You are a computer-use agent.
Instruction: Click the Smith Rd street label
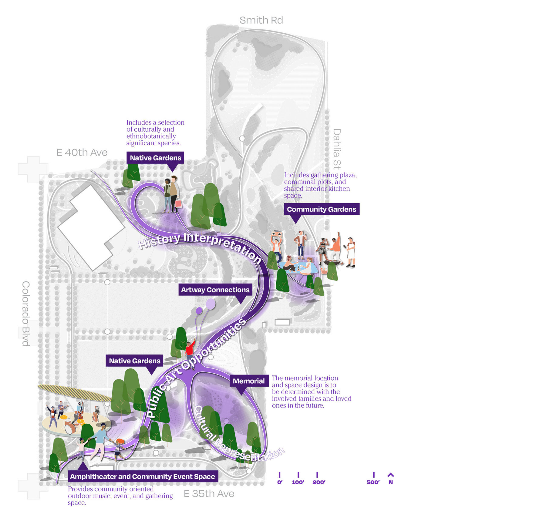pyautogui.click(x=261, y=20)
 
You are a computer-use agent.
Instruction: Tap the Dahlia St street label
pyautogui.click(x=337, y=149)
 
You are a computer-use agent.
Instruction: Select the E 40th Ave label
pyautogui.click(x=82, y=152)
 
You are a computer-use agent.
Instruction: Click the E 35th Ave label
pyautogui.click(x=209, y=494)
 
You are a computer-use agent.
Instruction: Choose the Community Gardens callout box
pyautogui.click(x=322, y=209)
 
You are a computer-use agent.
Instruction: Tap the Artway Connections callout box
pyautogui.click(x=215, y=290)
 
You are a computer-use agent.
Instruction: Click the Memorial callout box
pyautogui.click(x=249, y=381)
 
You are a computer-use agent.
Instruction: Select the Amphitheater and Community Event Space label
pyautogui.click(x=143, y=476)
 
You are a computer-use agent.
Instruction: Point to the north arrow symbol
pyautogui.click(x=391, y=475)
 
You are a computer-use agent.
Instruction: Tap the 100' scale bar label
pyautogui.click(x=298, y=482)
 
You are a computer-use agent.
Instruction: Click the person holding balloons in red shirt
pyautogui.click(x=190, y=352)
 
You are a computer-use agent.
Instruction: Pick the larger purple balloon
pyautogui.click(x=211, y=304)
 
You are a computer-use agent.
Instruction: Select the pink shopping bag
pyautogui.click(x=179, y=203)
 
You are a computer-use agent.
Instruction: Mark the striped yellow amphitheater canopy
pyautogui.click(x=74, y=393)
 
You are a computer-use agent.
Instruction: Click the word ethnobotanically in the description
pyautogui.click(x=151, y=136)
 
